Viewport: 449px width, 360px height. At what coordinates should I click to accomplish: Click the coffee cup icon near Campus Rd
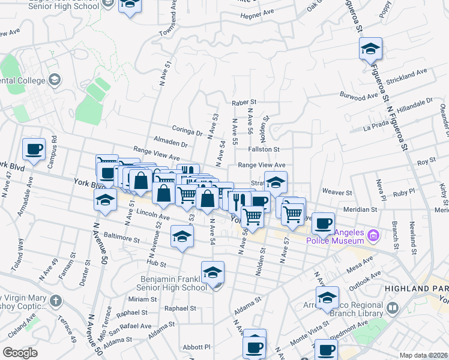tap(34, 149)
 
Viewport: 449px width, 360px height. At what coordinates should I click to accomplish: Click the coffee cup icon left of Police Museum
tap(323, 223)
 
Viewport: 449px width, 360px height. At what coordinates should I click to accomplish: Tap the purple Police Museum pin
tap(375, 234)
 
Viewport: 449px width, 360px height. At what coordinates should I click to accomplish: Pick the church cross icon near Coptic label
tap(55, 301)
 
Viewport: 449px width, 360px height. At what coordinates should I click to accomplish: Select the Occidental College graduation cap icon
tap(55, 80)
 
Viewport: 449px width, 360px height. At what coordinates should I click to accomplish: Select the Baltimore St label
tap(122, 237)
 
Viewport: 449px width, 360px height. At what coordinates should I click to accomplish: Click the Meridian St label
tap(360, 210)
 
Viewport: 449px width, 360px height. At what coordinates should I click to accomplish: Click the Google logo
tap(20, 353)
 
